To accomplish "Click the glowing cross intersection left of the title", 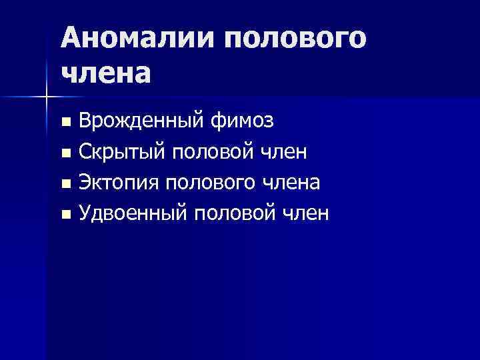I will (x=47, y=97).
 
